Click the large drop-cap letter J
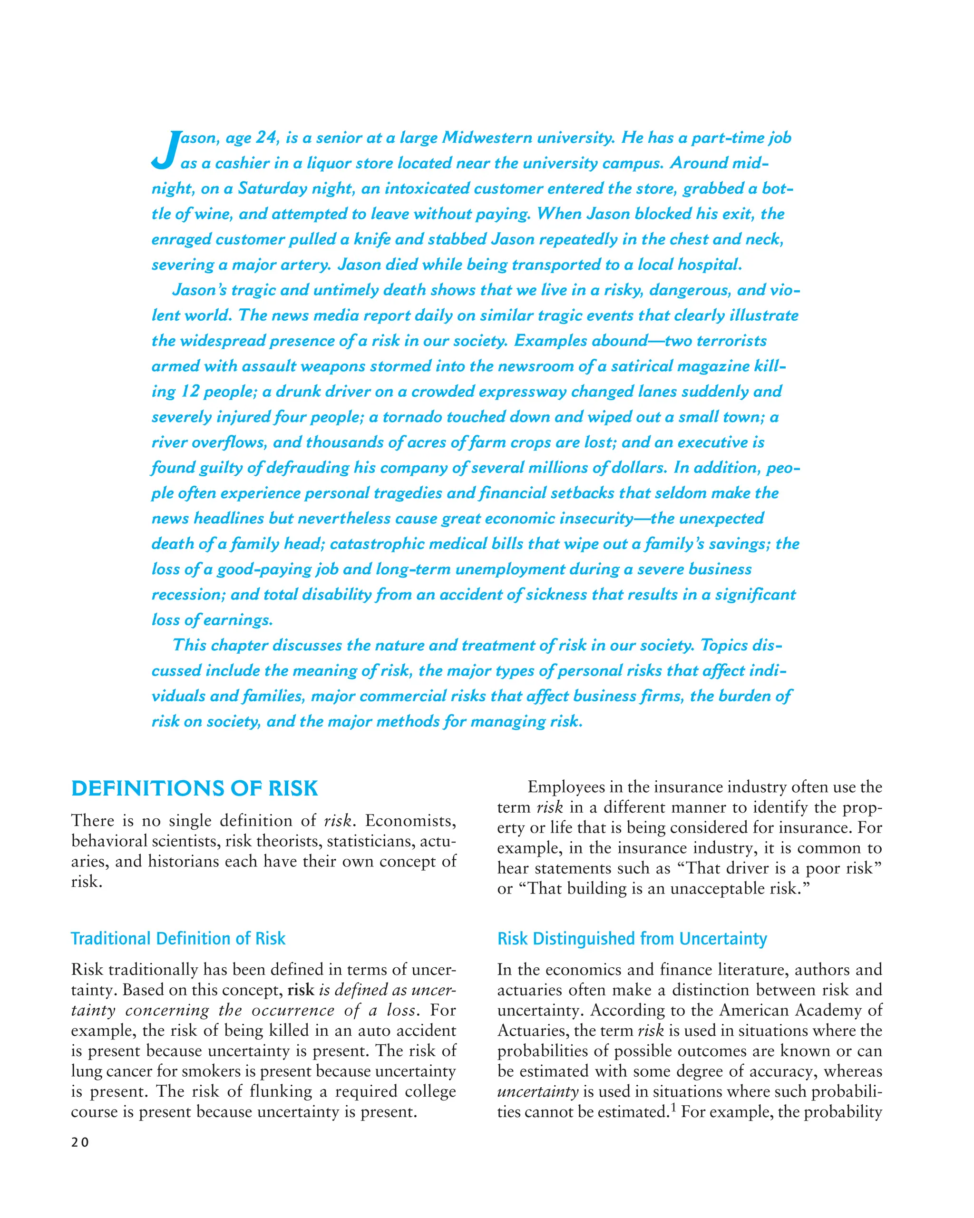coord(165,150)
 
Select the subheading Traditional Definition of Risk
coord(178,938)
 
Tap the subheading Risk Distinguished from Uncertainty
coord(632,938)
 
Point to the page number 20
coord(80,1142)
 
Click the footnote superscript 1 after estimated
coord(673,1109)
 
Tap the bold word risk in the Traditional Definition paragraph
coord(301,990)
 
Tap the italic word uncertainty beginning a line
coord(537,1092)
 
